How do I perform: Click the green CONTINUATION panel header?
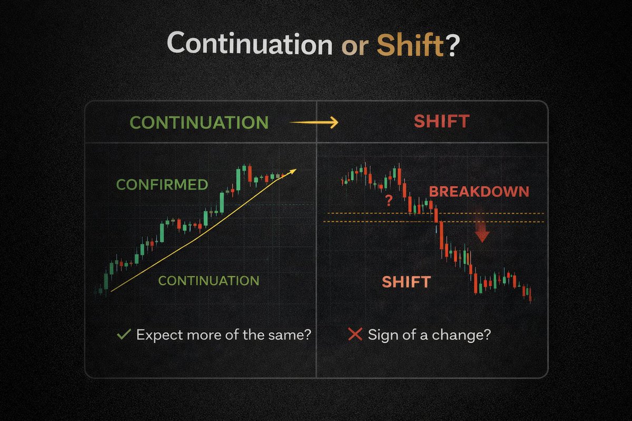pyautogui.click(x=199, y=123)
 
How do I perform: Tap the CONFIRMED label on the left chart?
pyautogui.click(x=162, y=185)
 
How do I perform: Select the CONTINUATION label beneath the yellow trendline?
pyautogui.click(x=209, y=280)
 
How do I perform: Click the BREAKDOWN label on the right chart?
pyautogui.click(x=479, y=192)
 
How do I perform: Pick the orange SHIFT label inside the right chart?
pyautogui.click(x=406, y=282)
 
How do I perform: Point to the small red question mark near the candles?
pyautogui.click(x=389, y=201)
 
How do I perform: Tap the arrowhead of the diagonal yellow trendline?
pyautogui.click(x=293, y=172)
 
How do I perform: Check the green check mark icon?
pyautogui.click(x=125, y=334)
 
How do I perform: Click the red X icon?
pyautogui.click(x=355, y=334)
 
